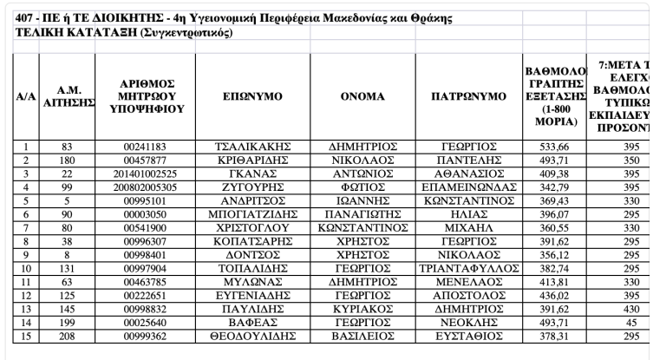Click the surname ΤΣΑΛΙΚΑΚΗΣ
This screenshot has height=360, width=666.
coord(251,147)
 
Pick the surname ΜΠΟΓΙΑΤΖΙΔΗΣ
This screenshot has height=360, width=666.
coord(251,213)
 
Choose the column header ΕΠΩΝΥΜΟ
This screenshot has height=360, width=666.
coord(251,96)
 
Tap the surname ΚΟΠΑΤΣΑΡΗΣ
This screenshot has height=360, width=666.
coord(251,239)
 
